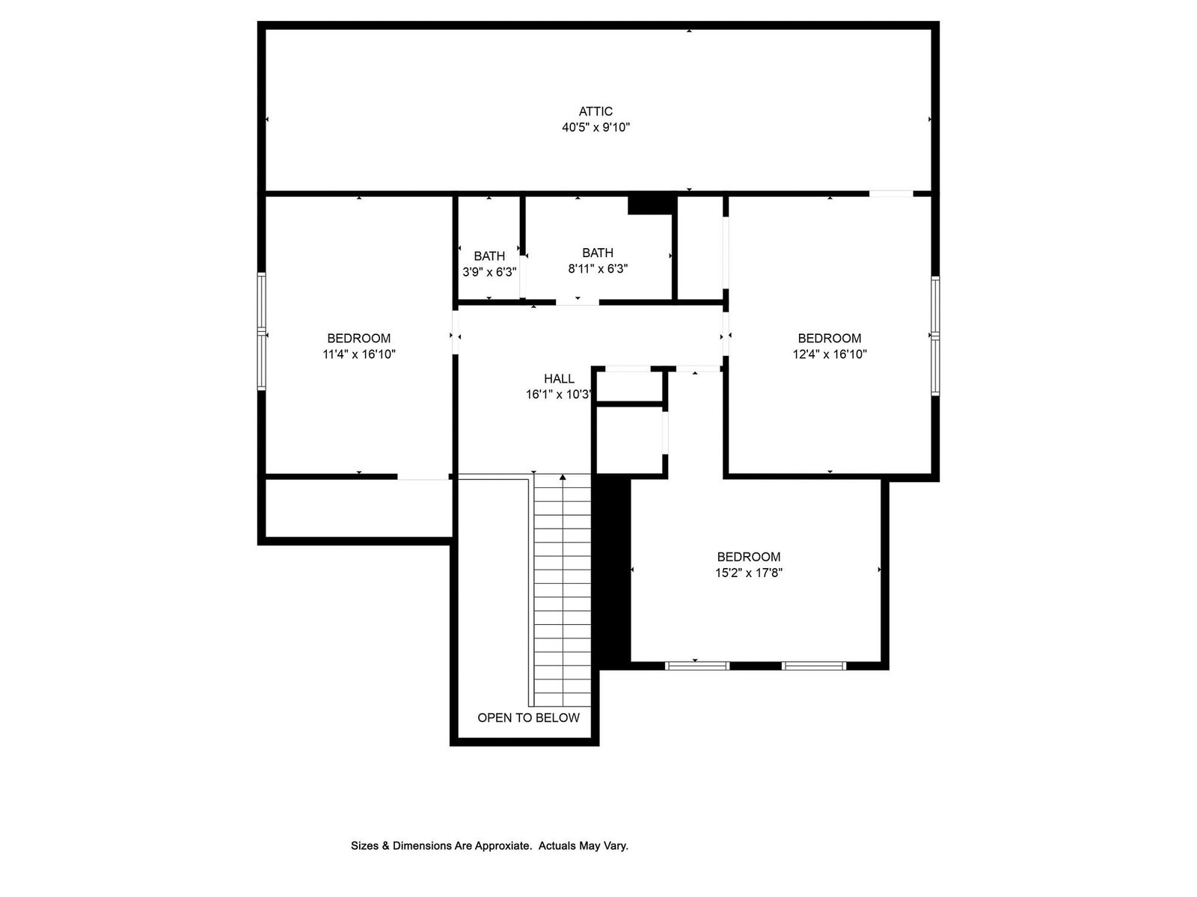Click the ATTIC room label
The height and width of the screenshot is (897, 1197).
(x=596, y=111)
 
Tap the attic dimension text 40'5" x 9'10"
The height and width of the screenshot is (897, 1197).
(x=596, y=127)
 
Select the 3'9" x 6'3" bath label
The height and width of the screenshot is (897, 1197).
(x=489, y=272)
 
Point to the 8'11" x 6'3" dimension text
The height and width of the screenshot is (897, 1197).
(x=598, y=268)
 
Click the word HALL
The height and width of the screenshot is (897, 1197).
(x=559, y=378)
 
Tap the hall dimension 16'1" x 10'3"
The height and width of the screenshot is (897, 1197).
(x=558, y=395)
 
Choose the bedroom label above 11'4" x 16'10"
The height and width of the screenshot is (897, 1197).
(x=359, y=338)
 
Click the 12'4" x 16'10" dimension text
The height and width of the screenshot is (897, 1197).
(x=830, y=354)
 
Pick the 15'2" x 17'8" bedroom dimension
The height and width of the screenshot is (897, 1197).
(x=749, y=573)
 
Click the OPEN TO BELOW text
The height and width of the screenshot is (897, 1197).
(x=528, y=718)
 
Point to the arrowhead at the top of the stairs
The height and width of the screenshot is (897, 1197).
(x=563, y=478)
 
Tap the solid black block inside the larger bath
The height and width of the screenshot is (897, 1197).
(x=650, y=204)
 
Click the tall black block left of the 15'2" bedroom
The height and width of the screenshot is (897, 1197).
(x=612, y=571)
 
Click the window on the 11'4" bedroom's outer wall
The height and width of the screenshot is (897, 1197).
(x=262, y=331)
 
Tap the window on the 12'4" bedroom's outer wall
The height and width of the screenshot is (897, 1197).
(x=934, y=336)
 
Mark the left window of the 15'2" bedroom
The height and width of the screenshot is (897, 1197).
(x=697, y=665)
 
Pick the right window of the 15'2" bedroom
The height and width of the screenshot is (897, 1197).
(x=814, y=665)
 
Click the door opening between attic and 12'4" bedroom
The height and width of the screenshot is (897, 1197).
(x=891, y=194)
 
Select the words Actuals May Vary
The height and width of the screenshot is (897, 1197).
(x=584, y=846)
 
